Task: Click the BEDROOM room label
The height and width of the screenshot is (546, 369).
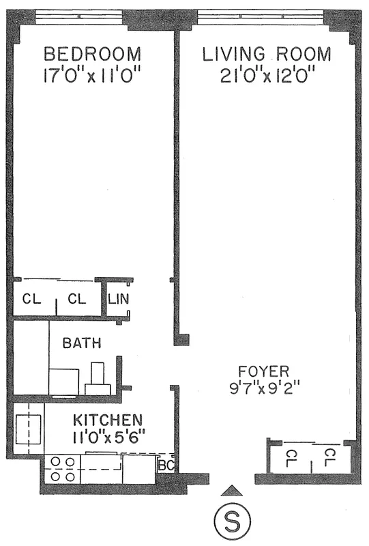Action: [93, 54]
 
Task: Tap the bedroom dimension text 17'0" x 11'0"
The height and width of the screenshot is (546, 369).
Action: [93, 74]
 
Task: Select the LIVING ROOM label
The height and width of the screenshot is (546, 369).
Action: [267, 54]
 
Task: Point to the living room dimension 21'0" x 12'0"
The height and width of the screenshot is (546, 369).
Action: [267, 74]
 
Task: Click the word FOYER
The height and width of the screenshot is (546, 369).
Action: [264, 371]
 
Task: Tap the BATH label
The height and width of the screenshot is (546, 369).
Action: [82, 343]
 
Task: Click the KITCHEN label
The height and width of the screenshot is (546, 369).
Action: [108, 420]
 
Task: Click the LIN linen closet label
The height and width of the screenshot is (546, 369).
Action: [117, 298]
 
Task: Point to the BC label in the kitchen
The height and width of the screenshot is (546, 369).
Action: [166, 465]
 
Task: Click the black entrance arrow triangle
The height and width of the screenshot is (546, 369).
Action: [233, 489]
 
